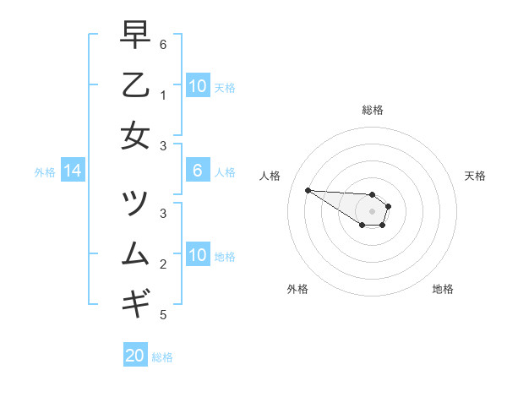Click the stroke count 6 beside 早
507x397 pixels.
[163, 44]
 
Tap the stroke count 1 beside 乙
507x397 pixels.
[163, 95]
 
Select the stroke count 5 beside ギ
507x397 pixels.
[163, 315]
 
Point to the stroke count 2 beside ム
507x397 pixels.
[163, 264]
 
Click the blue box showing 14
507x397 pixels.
[73, 171]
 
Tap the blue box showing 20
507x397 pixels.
[135, 356]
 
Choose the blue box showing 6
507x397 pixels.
[198, 171]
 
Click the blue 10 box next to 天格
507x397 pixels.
[198, 85]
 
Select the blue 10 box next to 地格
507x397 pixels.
[198, 255]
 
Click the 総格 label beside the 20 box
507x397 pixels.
[162, 357]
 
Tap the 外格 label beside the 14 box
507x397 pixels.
[45, 172]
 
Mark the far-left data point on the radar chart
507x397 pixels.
[308, 190]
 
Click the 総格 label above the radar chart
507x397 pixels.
[373, 110]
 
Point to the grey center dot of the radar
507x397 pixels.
[373, 211]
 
